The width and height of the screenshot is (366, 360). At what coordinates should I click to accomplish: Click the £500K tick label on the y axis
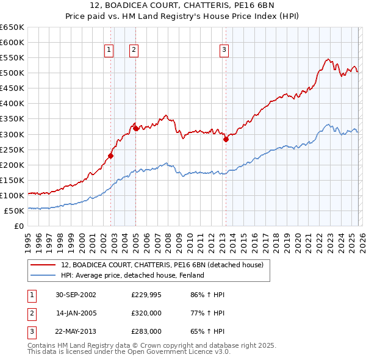click(12, 73)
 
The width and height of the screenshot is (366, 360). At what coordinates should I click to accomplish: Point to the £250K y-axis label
click(12, 149)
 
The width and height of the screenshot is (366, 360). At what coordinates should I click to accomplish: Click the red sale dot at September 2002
click(111, 156)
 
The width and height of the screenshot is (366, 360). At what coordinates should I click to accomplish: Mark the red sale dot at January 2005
click(135, 128)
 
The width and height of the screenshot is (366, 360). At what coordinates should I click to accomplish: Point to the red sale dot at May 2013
click(226, 139)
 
